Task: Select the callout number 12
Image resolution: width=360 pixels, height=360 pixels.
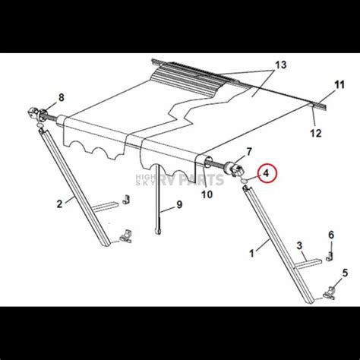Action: click(x=317, y=133)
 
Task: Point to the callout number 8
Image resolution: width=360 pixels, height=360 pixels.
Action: click(x=62, y=96)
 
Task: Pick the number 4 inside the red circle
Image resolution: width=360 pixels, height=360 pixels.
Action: click(x=267, y=173)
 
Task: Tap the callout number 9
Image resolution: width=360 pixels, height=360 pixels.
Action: click(x=179, y=204)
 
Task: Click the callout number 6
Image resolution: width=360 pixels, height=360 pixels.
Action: click(x=330, y=235)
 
